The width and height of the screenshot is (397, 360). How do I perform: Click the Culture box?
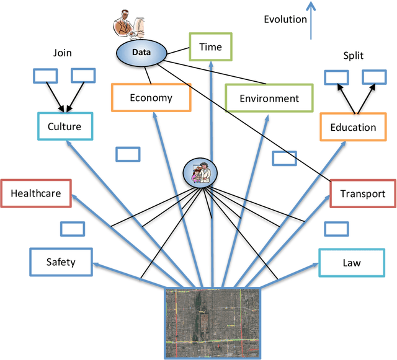pyautogui.click(x=64, y=126)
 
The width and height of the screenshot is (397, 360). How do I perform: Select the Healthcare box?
pyautogui.click(x=35, y=193)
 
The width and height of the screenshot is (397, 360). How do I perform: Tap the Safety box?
pyautogui.click(x=61, y=261)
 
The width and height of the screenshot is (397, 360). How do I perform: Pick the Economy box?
pyautogui.click(x=151, y=97)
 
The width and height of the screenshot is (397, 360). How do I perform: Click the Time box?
pyautogui.click(x=210, y=46)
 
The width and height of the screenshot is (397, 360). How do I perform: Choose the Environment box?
pyautogui.click(x=269, y=98)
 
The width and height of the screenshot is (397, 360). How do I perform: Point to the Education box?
pyautogui.click(x=353, y=127)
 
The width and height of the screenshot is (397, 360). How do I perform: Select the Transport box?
pyautogui.click(x=362, y=193)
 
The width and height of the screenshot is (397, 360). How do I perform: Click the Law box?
pyautogui.click(x=351, y=262)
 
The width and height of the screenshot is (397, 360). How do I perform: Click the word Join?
pyautogui.click(x=62, y=53)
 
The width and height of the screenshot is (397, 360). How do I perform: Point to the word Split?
pyautogui.click(x=354, y=55)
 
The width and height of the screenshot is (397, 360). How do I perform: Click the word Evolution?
pyautogui.click(x=285, y=19)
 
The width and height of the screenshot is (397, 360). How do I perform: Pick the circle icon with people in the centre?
pyautogui.click(x=200, y=172)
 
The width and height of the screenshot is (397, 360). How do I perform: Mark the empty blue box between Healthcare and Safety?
pyautogui.click(x=71, y=229)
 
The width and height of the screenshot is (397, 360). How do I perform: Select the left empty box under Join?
pyautogui.click(x=43, y=75)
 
